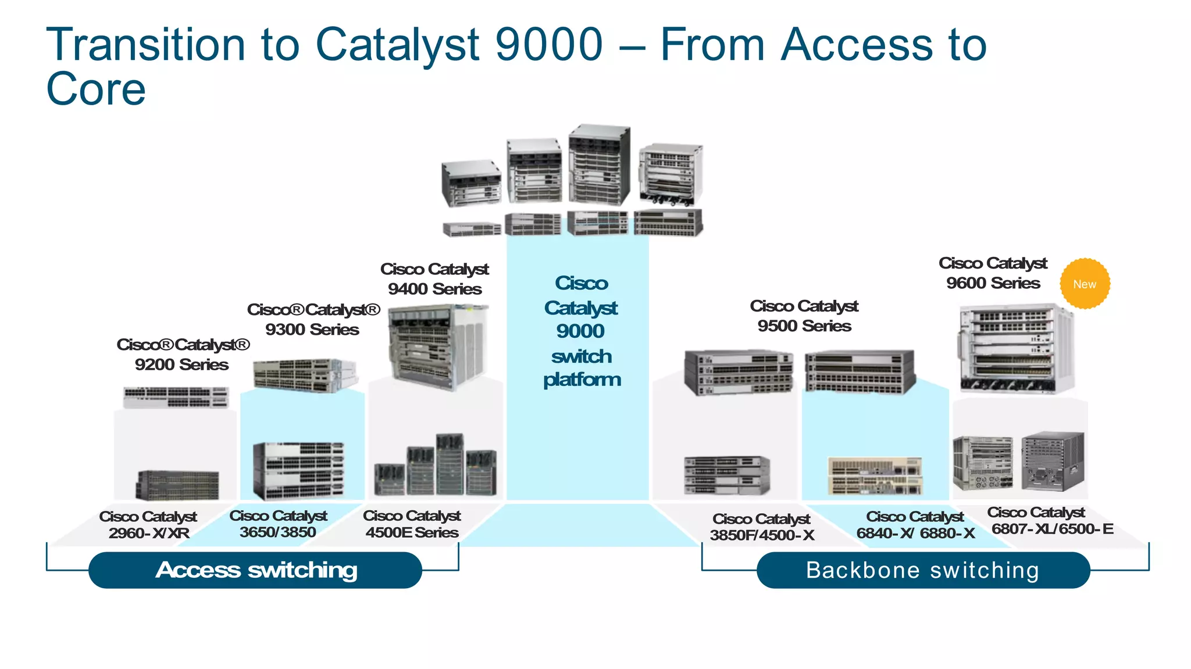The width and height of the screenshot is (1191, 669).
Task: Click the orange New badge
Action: pos(1085,284)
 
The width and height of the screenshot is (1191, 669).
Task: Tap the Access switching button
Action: pos(255,570)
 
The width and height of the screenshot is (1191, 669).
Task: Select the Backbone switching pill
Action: pos(923,570)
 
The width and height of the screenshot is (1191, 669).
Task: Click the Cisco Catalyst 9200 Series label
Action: pos(183,355)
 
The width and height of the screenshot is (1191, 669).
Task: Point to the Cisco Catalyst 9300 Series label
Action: pos(313,319)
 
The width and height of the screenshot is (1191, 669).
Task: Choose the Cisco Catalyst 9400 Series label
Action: pos(434,279)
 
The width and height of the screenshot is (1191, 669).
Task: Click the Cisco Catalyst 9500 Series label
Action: pos(804,316)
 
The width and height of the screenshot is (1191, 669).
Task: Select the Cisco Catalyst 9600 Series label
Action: pos(993,273)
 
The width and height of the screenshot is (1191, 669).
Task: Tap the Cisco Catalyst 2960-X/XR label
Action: pos(148,524)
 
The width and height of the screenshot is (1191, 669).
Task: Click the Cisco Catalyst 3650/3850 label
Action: pos(278,524)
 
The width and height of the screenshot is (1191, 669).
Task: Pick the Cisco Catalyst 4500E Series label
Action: pos(412,524)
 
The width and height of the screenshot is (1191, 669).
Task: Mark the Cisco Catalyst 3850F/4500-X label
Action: pos(762,527)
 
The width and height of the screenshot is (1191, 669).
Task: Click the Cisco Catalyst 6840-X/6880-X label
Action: pos(915,525)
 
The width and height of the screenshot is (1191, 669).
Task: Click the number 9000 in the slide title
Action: pos(549,44)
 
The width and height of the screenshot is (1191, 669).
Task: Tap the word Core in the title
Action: pos(96,89)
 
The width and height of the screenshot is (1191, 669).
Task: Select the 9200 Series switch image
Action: pos(176,398)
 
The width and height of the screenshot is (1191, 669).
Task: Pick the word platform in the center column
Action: pos(582,380)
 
